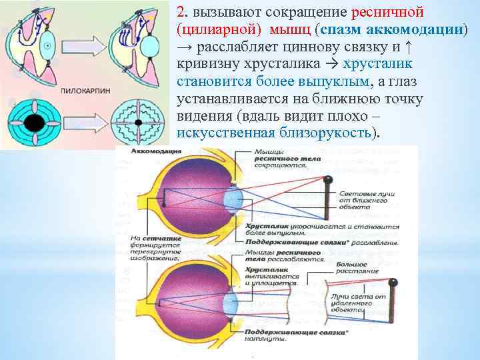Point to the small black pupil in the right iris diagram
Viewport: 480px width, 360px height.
tap(137, 123)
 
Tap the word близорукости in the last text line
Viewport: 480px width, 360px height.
tap(330, 133)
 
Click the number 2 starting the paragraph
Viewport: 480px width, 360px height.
tap(181, 13)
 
